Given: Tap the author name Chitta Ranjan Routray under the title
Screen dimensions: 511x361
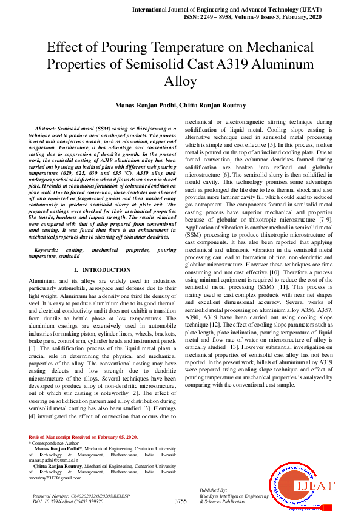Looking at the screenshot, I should tap(204, 106).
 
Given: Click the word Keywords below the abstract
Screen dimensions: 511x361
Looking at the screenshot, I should tap(47, 249).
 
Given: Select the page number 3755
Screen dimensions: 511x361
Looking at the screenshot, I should tap(180, 501).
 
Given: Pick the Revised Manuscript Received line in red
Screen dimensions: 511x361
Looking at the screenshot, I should tap(84, 437).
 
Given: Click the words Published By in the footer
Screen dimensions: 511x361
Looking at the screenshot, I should tap(213, 489).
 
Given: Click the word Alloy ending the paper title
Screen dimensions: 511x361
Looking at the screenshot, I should tap(180, 81).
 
